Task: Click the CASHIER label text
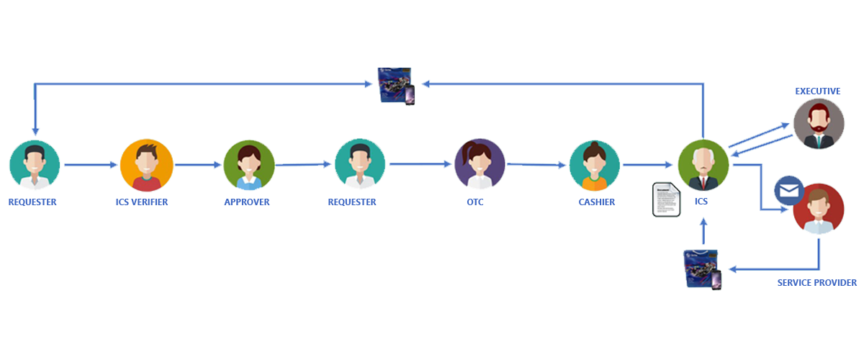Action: tap(597, 202)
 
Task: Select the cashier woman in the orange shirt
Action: tap(595, 166)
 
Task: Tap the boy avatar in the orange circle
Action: tap(146, 166)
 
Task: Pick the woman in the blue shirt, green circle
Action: tap(248, 166)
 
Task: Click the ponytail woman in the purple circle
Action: tap(480, 166)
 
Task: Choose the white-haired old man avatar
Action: tap(703, 166)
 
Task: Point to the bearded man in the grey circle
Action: tap(818, 124)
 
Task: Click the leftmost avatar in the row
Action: tap(35, 166)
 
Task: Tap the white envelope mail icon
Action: tap(790, 192)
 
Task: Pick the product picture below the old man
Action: tap(703, 269)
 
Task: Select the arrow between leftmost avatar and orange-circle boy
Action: tap(91, 166)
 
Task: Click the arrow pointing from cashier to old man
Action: tap(649, 166)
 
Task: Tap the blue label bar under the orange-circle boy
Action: tap(142, 202)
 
